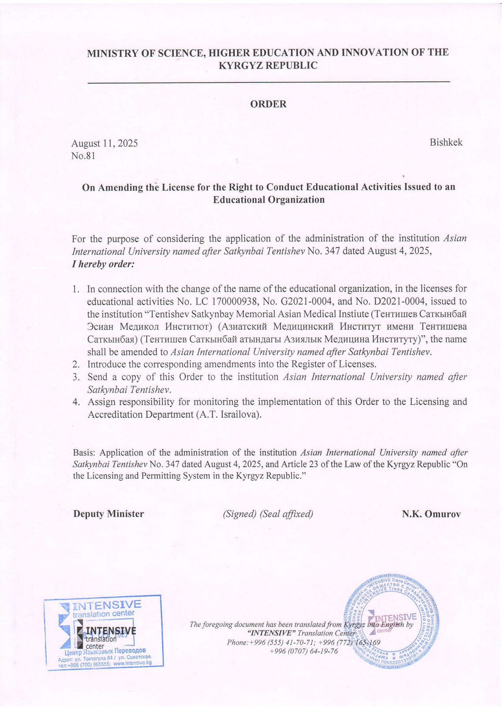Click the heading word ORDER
click(x=268, y=104)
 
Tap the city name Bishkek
click(x=446, y=142)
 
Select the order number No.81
click(x=83, y=156)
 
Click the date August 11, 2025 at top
click(x=105, y=143)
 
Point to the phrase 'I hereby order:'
click(x=103, y=264)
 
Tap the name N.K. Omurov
click(x=431, y=514)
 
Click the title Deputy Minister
click(x=109, y=514)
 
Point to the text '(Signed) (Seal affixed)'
click(x=268, y=514)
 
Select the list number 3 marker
click(x=76, y=377)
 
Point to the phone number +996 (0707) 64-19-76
click(x=303, y=651)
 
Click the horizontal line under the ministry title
click(x=268, y=82)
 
